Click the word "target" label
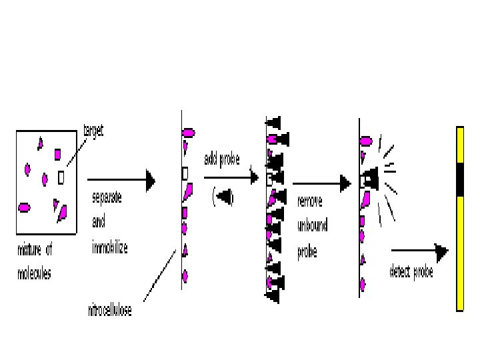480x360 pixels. [x=93, y=131]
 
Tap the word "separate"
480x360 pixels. [x=107, y=199]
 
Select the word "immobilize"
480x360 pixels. [x=109, y=247]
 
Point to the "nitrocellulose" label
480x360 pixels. [x=109, y=311]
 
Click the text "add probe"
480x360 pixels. [x=221, y=159]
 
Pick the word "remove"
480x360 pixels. [x=310, y=201]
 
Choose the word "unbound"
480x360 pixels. [x=313, y=226]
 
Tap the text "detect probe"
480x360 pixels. [x=411, y=273]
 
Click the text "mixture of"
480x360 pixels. [x=35, y=250]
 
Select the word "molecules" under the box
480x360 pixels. [x=34, y=273]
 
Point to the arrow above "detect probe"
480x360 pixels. [x=419, y=251]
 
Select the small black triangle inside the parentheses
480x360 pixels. [x=224, y=197]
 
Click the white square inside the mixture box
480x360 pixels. [x=61, y=177]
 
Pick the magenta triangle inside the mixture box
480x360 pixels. [x=40, y=142]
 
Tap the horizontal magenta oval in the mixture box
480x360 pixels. [x=24, y=207]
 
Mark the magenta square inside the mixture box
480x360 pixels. [x=57, y=155]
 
